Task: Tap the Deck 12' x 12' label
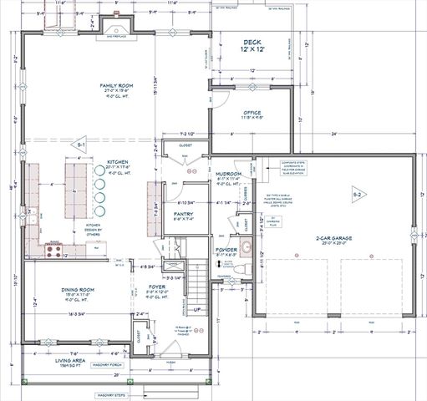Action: [x=252, y=46]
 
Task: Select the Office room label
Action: [x=253, y=114]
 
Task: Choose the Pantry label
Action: [x=184, y=215]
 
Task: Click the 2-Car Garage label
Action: [x=333, y=239]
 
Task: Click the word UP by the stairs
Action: [x=197, y=309]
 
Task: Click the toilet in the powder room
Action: [x=237, y=266]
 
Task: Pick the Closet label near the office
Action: [x=185, y=145]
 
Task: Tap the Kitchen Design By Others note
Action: [x=94, y=229]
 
